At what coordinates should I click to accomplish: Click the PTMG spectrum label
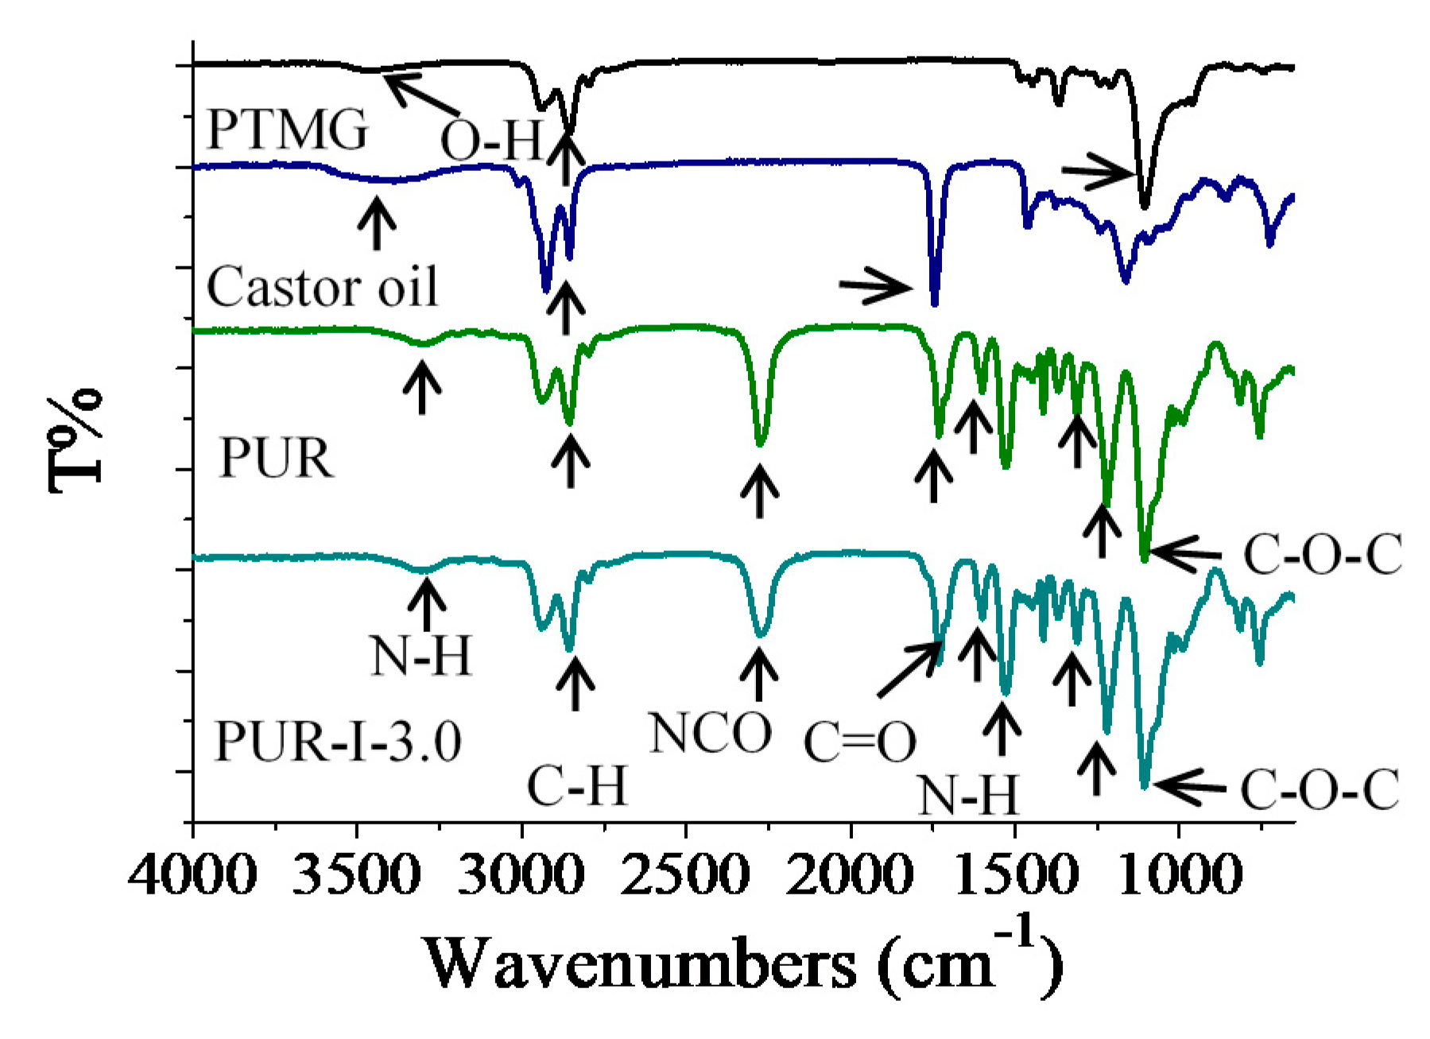[x=287, y=129]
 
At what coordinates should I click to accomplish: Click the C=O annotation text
[x=859, y=742]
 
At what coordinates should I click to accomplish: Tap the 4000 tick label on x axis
[x=193, y=876]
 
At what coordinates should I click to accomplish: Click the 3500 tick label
[x=357, y=876]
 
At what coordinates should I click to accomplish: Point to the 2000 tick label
[x=851, y=876]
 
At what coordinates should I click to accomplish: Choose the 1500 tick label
[x=1014, y=876]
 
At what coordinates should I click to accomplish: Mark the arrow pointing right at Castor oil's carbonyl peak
[x=876, y=286]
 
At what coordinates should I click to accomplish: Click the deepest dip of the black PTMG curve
[x=1145, y=205]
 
